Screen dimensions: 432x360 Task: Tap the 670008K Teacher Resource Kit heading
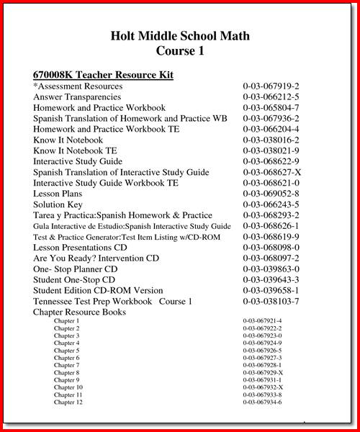[103, 75]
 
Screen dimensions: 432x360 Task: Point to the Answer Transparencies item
[78, 97]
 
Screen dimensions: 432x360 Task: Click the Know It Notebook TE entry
[75, 151]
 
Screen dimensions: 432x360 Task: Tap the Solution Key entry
[60, 204]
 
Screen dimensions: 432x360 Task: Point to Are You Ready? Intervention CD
[96, 258]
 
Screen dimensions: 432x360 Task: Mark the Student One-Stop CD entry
[74, 279]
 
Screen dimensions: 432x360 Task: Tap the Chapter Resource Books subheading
[79, 312]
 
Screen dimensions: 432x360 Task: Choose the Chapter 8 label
[66, 372]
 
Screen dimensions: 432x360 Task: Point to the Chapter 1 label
[66, 320]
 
